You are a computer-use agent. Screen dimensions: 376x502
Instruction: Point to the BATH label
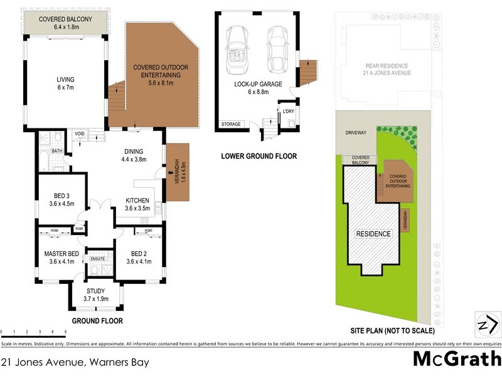coord(56,152)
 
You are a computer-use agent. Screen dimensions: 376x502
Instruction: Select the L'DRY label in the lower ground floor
coord(289,112)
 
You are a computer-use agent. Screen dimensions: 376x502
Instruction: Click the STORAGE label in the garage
coord(230,124)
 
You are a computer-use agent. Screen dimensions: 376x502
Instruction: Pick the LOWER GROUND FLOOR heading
coord(259,156)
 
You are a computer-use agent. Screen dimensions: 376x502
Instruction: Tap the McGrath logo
coord(456,359)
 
